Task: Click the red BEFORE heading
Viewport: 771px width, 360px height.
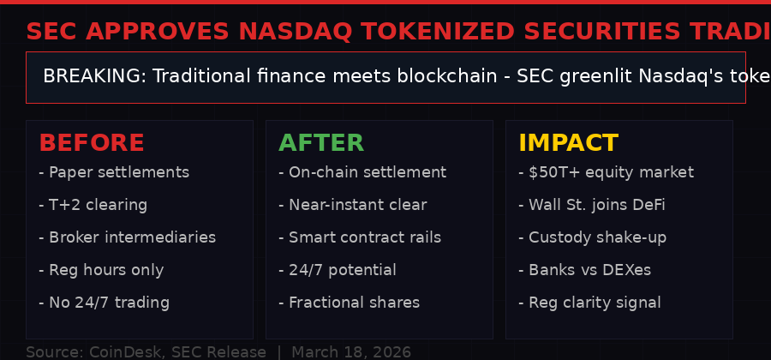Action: point(92,143)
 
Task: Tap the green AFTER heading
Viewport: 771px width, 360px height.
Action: point(321,143)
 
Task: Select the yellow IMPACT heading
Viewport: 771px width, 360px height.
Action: point(568,143)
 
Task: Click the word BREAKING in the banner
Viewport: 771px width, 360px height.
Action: point(94,76)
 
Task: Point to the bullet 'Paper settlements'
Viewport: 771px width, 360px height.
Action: point(114,172)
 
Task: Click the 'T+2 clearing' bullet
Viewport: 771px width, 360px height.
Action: point(93,205)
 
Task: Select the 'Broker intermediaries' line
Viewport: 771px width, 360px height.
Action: point(128,237)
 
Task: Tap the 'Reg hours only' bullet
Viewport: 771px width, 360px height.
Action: point(101,270)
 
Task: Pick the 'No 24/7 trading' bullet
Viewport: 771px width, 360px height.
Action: point(105,303)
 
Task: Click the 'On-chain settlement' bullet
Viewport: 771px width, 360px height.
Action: point(362,172)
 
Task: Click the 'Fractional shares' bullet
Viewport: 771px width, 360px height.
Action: point(350,303)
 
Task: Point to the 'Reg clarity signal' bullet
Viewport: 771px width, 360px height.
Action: point(589,303)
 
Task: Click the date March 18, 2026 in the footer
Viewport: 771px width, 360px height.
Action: point(351,352)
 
